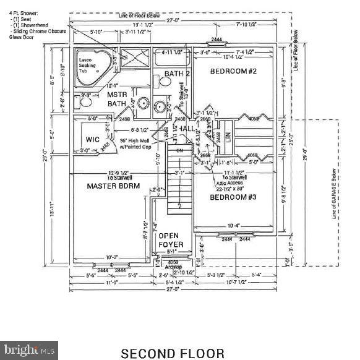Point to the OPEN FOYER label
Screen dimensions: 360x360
[169, 240]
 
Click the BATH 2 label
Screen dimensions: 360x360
[177, 74]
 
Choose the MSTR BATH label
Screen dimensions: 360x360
[117, 99]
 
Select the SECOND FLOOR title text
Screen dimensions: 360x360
[173, 353]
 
